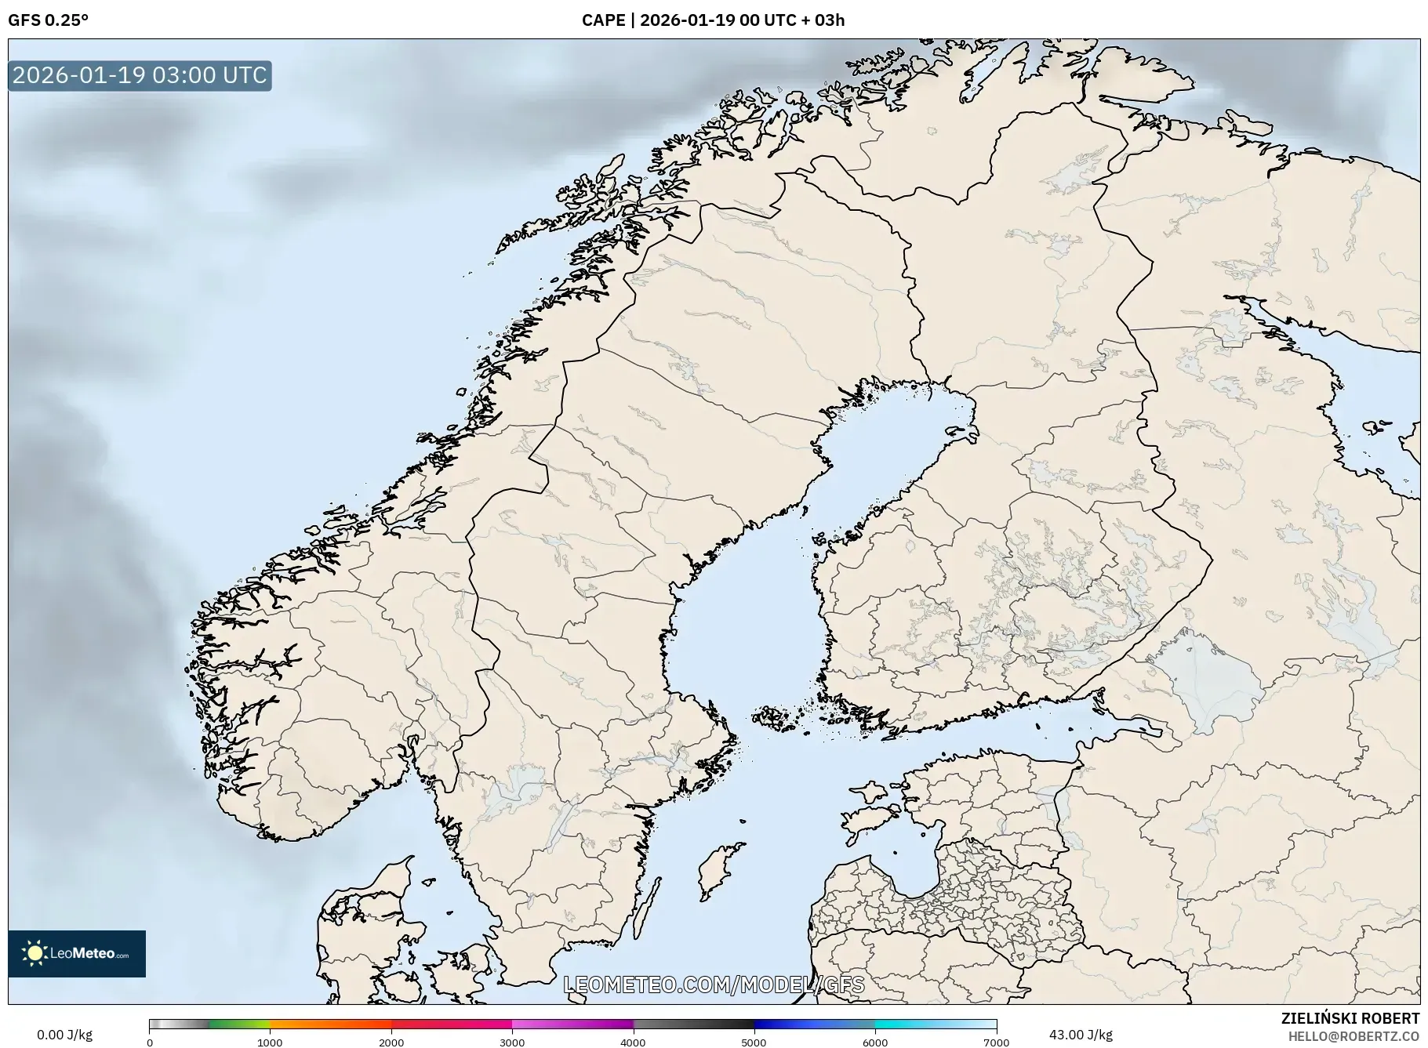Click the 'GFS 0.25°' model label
[48, 20]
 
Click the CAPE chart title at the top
[713, 20]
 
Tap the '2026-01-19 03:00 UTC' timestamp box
[140, 75]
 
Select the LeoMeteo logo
[77, 953]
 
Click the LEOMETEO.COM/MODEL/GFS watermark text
[714, 985]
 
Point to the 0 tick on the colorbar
[150, 1042]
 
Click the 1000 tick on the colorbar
[270, 1042]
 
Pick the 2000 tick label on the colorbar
[391, 1042]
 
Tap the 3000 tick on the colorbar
[512, 1042]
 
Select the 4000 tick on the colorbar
[633, 1042]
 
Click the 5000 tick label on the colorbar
[754, 1042]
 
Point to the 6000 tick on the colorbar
[875, 1042]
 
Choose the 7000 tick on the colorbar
[996, 1042]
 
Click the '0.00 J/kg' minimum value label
[64, 1035]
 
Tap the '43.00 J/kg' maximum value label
[1081, 1035]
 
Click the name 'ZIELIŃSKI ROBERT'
[1350, 1018]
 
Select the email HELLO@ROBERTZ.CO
[1354, 1036]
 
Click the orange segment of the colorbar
[329, 1024]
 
